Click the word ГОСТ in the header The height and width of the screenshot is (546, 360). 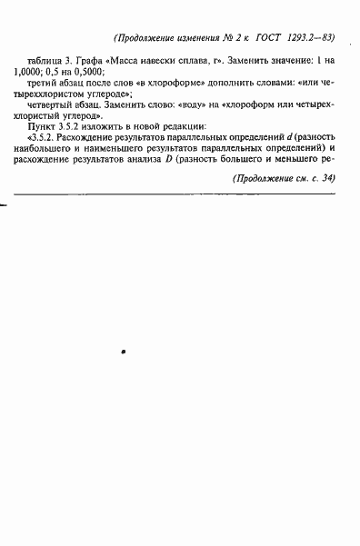tap(271, 38)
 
